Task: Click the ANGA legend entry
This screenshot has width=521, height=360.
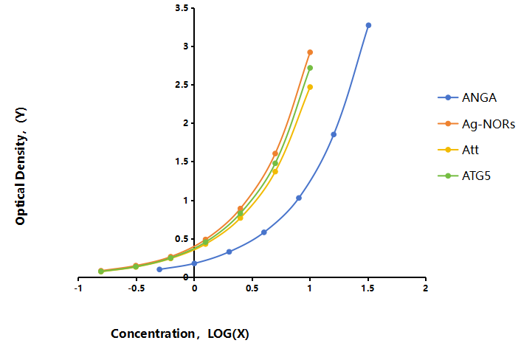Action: coord(467,97)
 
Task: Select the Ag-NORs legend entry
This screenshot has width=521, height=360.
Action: coord(477,124)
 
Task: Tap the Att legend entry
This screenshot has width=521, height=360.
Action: coord(458,150)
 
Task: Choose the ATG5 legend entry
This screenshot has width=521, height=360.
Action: coord(464,176)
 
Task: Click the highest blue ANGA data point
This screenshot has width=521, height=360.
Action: coord(368,25)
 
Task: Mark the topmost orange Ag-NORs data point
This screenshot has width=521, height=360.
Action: coord(310,52)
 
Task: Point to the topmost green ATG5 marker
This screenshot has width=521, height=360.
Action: coord(310,68)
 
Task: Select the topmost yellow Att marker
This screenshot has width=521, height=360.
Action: coord(310,87)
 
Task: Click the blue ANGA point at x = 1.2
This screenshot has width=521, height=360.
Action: coord(334,134)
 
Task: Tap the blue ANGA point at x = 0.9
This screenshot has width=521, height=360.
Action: coord(299,198)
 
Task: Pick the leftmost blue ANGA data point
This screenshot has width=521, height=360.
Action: coord(159,269)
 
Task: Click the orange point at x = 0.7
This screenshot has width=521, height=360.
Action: coord(275,153)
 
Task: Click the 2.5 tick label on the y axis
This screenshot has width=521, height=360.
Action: coord(182,85)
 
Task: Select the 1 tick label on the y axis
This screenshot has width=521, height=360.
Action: coord(186,200)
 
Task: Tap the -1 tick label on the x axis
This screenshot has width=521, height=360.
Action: coord(78,288)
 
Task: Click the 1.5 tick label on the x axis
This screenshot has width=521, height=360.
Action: coord(368,288)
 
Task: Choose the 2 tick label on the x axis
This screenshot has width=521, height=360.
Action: coord(426,288)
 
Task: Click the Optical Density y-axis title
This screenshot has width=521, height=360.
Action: coord(20,167)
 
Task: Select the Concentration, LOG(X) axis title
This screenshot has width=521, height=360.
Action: coord(180,333)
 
